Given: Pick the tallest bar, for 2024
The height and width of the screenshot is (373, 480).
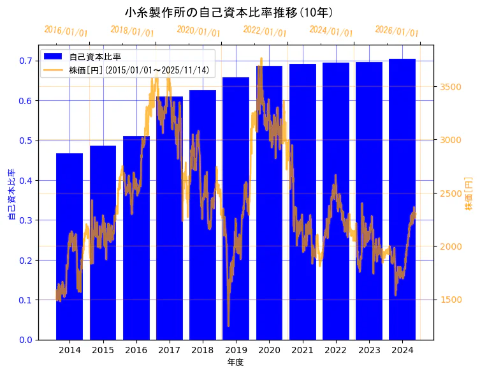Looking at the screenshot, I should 402,199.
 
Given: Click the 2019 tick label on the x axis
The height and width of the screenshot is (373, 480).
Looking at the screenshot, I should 236,350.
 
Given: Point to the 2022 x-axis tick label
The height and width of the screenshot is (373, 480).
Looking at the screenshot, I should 335,350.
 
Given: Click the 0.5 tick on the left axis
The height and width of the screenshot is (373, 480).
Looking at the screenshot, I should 25,141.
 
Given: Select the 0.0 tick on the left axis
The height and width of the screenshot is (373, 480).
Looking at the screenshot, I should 25,340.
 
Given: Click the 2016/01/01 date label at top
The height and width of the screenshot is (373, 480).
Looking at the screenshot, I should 66,31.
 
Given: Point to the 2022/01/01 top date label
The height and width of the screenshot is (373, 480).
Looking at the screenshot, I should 265,31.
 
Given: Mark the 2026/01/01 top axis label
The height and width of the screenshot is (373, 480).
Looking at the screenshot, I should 396,31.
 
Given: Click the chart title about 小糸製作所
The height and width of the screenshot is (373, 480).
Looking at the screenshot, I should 229,12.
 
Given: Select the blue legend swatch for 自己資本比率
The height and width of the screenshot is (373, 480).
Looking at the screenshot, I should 53,57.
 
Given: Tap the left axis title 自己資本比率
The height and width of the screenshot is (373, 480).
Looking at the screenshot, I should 11,195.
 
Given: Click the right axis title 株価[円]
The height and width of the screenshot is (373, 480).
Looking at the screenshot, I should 469,194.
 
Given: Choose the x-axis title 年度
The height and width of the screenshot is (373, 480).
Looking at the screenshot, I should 235,362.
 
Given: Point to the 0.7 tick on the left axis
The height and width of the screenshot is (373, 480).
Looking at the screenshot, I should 25,61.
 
